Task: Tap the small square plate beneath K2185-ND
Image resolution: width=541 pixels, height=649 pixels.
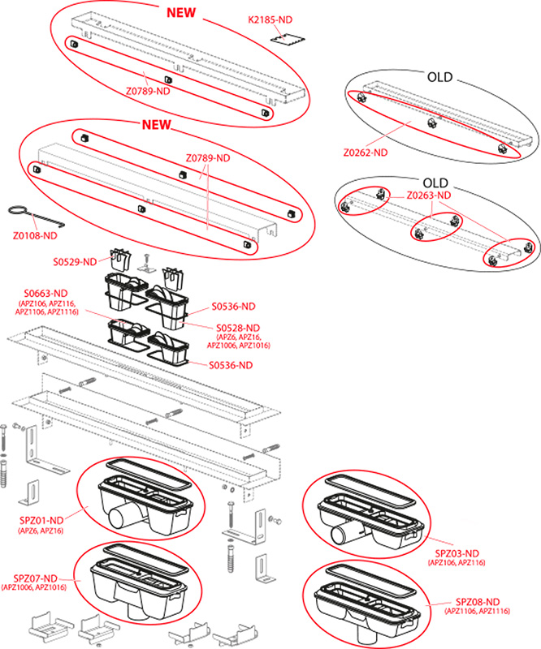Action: point(285,38)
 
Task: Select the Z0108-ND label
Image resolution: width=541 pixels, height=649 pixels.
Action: point(35,236)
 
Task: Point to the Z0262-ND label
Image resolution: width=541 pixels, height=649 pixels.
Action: point(365,151)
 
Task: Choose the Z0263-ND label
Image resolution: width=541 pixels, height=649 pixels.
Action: point(428,196)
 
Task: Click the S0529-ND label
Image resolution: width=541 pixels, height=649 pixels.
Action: point(76,260)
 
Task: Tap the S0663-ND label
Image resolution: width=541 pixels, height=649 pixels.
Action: point(45,293)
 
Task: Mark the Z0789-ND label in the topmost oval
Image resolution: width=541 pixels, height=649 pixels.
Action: point(147,91)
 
